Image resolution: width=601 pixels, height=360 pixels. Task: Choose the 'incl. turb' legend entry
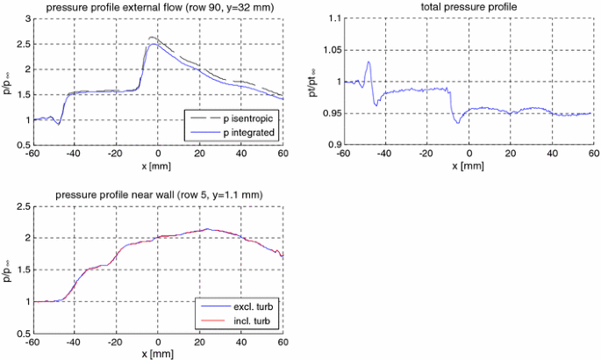247,322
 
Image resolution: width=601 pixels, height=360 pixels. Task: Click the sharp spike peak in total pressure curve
369,61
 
